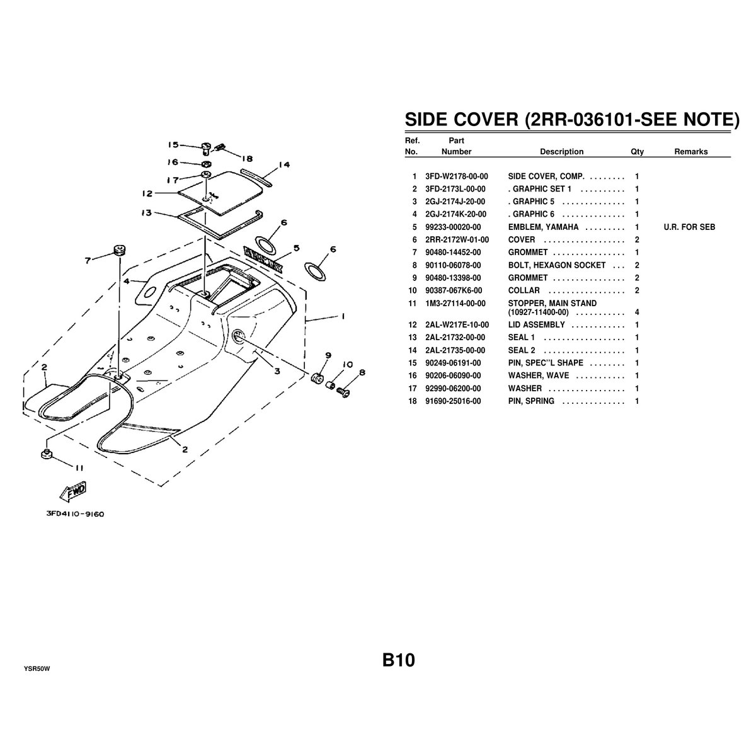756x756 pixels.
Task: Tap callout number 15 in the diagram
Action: tap(173, 144)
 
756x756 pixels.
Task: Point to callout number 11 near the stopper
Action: tap(79, 467)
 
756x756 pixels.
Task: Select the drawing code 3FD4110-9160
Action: tap(75, 513)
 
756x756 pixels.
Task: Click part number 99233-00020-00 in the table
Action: tap(453, 227)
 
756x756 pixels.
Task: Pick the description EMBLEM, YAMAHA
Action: tap(543, 227)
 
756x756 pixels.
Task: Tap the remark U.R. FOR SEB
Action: tap(689, 227)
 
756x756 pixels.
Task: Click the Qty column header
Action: tap(637, 151)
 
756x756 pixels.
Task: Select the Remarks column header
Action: tap(691, 151)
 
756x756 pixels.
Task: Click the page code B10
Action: tap(398, 660)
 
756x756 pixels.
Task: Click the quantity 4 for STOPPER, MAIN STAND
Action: tap(637, 312)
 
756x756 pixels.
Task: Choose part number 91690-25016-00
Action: tap(453, 401)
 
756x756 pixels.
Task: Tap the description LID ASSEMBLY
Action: tap(536, 325)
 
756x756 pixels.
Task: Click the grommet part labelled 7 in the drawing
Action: tap(118, 250)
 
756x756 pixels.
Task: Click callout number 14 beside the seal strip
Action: tap(283, 165)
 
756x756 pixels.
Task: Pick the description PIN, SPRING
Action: tap(531, 401)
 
